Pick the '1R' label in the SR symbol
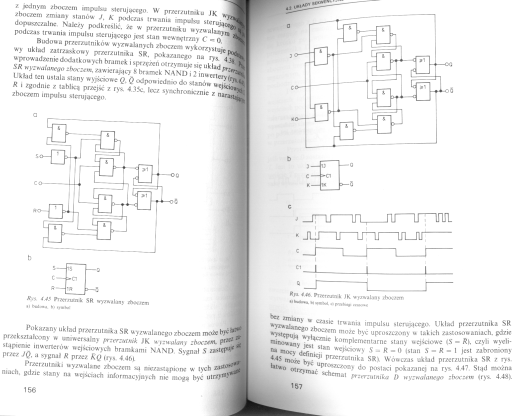click(68, 288)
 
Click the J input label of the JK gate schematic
click(290, 55)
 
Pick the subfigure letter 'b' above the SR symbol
click(29, 258)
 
